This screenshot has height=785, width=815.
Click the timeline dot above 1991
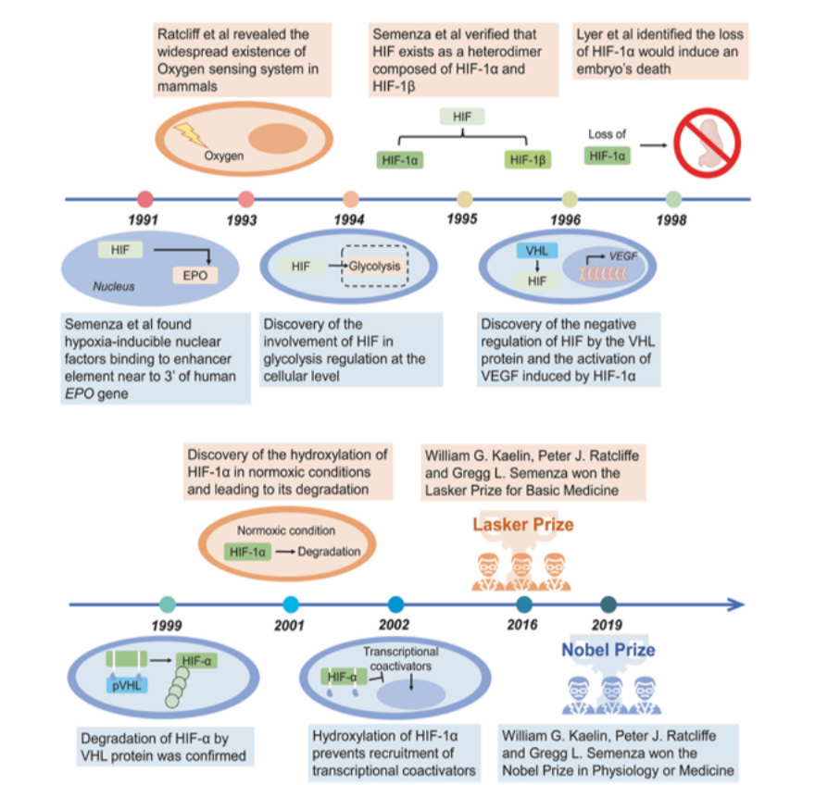(144, 198)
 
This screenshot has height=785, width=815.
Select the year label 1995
(462, 219)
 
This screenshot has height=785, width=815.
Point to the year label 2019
(607, 625)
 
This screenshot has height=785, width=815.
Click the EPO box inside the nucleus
(195, 275)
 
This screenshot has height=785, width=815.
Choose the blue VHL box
(537, 251)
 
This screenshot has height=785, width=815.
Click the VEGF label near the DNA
(623, 255)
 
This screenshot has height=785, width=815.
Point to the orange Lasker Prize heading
(523, 525)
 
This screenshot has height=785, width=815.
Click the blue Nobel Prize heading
(608, 650)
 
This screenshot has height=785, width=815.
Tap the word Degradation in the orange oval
(329, 552)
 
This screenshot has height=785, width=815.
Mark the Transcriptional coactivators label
(400, 658)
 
